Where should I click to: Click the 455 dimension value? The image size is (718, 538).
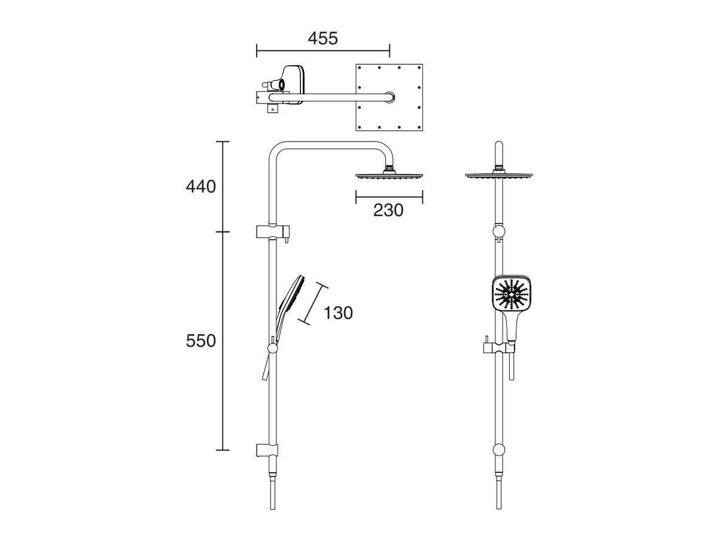323,38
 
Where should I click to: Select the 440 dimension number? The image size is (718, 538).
200,187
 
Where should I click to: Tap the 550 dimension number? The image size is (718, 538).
200,341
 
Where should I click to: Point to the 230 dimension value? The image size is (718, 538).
389,210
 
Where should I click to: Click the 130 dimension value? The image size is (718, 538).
338,313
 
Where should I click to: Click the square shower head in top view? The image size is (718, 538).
389,97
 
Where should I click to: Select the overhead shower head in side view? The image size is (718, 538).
390,176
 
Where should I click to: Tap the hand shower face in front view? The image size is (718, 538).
511,295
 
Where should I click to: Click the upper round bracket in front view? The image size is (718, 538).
498,232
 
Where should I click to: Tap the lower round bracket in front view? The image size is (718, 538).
498,450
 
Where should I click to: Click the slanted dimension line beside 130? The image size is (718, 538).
317,303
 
